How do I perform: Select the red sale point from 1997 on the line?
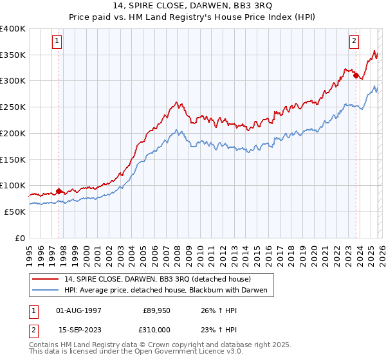point(59,191)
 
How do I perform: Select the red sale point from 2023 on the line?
point(356,75)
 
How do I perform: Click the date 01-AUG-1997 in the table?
point(79,310)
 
